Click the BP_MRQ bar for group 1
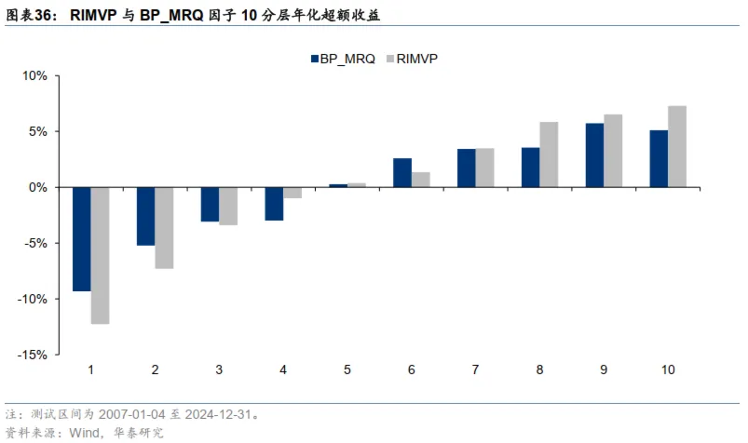tap(82, 239)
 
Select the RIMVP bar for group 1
tap(101, 255)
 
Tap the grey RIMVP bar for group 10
tap(677, 146)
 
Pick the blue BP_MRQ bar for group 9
tap(594, 154)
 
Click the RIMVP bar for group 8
tap(549, 154)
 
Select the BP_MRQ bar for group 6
tap(402, 172)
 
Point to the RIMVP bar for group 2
tap(164, 228)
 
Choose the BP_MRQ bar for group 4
tap(274, 204)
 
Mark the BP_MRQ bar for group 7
tap(467, 168)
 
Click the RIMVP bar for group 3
tap(228, 206)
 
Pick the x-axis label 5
tap(347, 369)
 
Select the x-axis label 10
tap(668, 369)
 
